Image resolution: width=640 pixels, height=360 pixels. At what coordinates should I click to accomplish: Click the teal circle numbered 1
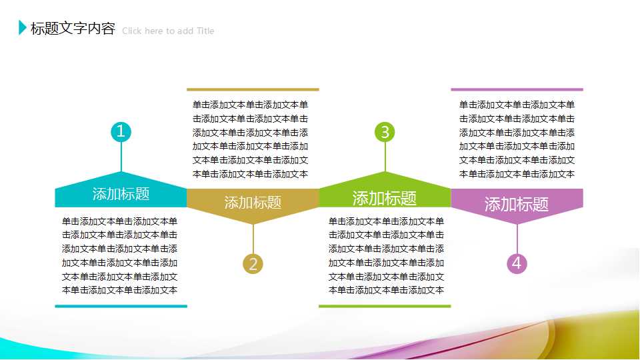[x=121, y=132]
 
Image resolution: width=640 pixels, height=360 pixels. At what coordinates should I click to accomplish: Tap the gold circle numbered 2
[x=253, y=264]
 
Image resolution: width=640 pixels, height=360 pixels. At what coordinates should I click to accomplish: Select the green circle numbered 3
[x=385, y=132]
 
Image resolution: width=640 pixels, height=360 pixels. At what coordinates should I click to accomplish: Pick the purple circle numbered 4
[x=517, y=264]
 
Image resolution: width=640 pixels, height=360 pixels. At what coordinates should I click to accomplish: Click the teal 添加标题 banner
[x=121, y=194]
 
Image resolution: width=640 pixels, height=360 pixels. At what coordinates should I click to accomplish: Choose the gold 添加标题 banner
[x=253, y=202]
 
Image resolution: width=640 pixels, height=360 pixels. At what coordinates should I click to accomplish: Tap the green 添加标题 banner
[x=385, y=197]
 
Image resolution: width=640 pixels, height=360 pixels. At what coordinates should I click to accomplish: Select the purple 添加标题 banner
[x=517, y=203]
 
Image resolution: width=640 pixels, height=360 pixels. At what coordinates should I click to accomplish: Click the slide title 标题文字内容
[x=73, y=29]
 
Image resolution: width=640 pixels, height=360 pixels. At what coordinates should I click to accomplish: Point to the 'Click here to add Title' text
[x=168, y=31]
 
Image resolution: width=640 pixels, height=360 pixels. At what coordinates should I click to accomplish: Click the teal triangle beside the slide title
[x=23, y=28]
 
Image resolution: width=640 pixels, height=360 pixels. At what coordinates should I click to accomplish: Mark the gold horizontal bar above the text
[x=253, y=89]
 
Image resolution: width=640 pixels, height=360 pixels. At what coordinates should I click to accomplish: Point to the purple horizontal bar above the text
[x=517, y=89]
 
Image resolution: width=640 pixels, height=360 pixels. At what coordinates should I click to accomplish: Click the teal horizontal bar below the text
[x=121, y=306]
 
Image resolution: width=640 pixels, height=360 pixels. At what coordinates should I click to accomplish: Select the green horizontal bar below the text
[x=385, y=306]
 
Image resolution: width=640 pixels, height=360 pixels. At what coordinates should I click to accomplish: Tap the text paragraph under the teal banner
[x=120, y=255]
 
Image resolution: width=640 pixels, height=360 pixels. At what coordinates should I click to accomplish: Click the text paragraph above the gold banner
[x=251, y=139]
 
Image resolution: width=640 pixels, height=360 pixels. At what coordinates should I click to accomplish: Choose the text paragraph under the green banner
[x=386, y=255]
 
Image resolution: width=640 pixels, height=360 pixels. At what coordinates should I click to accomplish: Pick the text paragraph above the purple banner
[x=517, y=139]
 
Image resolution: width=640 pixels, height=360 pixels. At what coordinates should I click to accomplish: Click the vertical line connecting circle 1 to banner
[x=121, y=157]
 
